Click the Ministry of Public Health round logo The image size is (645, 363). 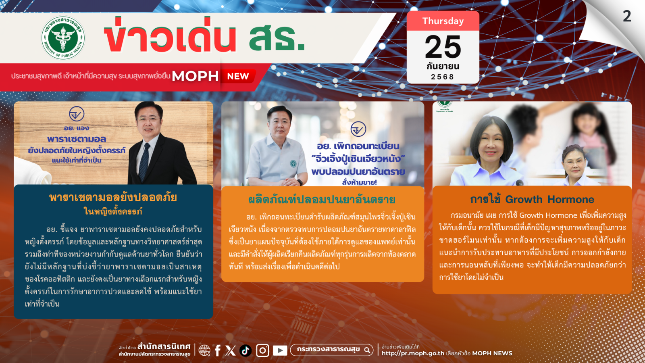pos(63,38)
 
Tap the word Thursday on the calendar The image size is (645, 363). pos(443,21)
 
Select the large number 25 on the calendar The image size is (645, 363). pos(443,47)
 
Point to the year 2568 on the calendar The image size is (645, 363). pos(443,77)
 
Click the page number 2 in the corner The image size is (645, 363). pos(627,16)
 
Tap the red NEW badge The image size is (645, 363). pos(238,76)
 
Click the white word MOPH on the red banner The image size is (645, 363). pos(195,76)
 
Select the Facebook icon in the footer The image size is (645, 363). pos(218,350)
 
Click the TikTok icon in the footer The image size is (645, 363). pos(246,350)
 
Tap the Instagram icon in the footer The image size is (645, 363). pos(262,350)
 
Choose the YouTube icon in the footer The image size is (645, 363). pos(280,350)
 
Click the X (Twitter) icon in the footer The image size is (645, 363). pos(231,350)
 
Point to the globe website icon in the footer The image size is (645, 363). pos(204,350)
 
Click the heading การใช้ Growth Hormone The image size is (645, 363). pos(532,199)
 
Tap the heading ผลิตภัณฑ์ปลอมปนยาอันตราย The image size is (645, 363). pos(322,199)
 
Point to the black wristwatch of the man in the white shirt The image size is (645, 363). pos(300,182)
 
